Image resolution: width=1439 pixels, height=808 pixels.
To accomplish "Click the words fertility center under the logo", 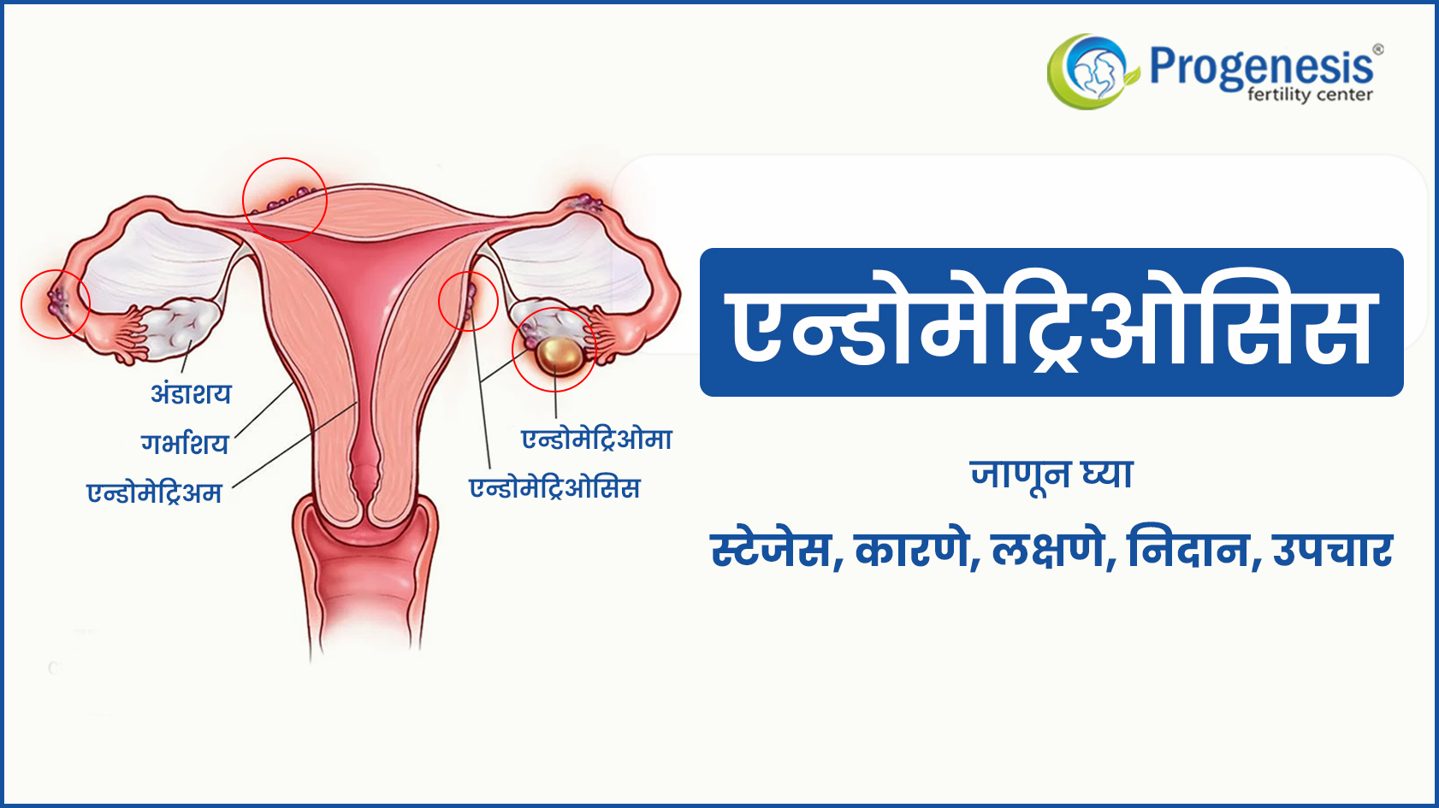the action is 1310,95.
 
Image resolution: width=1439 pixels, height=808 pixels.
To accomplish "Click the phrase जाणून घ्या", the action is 1051,475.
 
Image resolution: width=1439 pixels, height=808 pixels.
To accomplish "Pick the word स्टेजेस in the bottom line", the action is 771,550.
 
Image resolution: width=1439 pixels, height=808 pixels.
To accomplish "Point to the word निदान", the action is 1188,550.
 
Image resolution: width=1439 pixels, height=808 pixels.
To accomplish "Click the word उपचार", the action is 1333,551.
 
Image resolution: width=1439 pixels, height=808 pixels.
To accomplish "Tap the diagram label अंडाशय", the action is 191,392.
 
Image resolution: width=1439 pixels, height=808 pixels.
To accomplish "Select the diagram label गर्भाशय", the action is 185,443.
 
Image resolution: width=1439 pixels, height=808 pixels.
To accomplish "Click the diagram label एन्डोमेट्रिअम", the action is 154,492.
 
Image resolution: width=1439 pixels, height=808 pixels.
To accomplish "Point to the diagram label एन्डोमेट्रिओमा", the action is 597,439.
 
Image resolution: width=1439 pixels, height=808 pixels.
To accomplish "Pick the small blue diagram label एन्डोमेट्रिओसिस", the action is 555,487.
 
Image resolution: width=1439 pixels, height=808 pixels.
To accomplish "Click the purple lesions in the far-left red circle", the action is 56,302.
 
